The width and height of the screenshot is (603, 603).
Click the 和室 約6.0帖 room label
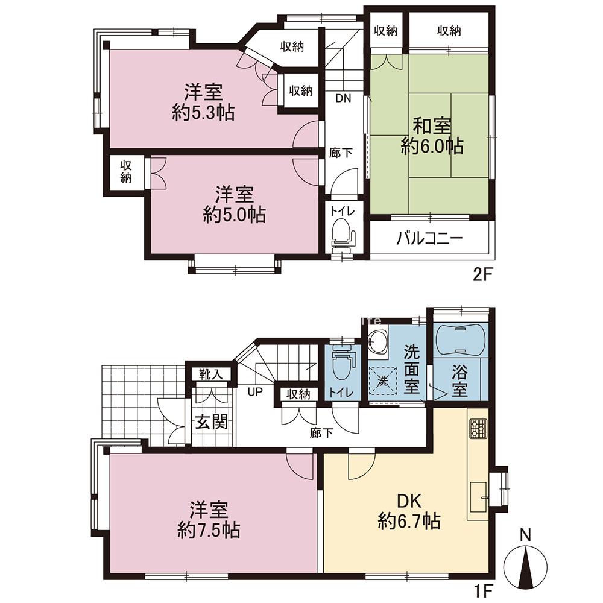pos(432,136)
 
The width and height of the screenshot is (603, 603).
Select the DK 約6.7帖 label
pos(409,512)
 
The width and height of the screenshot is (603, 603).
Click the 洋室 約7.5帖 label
pos(209,520)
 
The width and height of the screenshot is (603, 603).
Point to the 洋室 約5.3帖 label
pos(203,103)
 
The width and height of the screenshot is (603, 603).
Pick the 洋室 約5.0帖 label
pos(234,204)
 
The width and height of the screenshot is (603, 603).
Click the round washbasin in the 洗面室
pos(377,340)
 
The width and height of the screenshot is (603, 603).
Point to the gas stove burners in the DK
pos(478,428)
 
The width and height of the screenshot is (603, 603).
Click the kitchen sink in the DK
pos(479,497)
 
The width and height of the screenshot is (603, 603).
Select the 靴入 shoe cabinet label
pos(210,374)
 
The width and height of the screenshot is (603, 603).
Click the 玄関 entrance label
pos(212,422)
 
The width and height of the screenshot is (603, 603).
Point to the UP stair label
pos(255,393)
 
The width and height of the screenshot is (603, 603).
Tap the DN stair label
pos(344,98)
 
